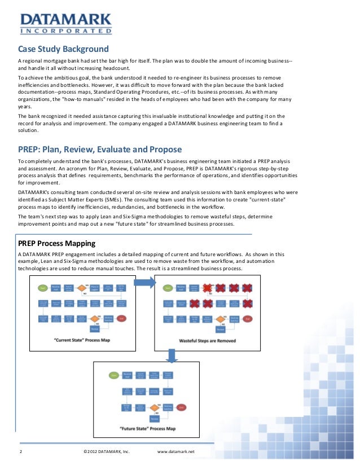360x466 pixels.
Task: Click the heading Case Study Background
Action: [63, 49]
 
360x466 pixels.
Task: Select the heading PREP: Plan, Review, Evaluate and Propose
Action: [100, 150]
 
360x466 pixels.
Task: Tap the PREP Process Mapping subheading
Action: [57, 243]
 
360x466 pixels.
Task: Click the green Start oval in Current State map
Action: [41, 288]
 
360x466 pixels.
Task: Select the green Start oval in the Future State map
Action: [114, 375]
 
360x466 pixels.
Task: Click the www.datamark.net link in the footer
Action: [175, 452]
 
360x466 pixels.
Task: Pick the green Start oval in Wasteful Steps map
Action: [166, 288]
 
